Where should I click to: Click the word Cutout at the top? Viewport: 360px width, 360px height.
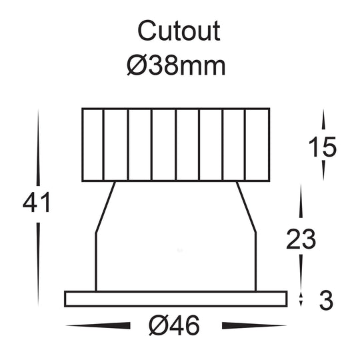point(179,31)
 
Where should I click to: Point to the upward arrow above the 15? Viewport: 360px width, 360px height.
point(324,121)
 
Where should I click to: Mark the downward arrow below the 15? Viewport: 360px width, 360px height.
point(324,171)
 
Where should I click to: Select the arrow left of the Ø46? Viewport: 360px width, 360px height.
point(100,326)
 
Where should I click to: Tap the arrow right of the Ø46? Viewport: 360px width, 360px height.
point(254,326)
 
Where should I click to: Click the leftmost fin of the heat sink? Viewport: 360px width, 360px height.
point(92,145)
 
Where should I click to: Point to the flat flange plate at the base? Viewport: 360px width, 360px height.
point(176,299)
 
